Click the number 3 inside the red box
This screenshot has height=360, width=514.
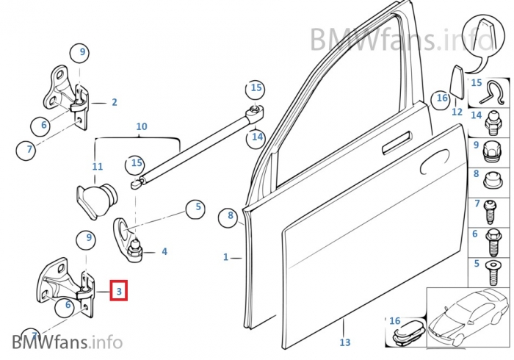118,291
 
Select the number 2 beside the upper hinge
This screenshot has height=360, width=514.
114,102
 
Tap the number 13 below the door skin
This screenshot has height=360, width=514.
345,342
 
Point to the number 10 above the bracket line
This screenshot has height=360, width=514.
142,127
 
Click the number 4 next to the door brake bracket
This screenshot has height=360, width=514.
164,251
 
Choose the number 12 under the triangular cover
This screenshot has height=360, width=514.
457,112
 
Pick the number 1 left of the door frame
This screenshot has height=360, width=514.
226,257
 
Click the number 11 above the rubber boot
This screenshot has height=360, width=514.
98,167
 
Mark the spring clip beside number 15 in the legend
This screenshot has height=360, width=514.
493,91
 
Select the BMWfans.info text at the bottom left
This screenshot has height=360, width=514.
67,342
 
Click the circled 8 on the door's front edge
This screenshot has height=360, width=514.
231,216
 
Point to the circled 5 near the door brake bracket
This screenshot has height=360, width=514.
194,209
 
